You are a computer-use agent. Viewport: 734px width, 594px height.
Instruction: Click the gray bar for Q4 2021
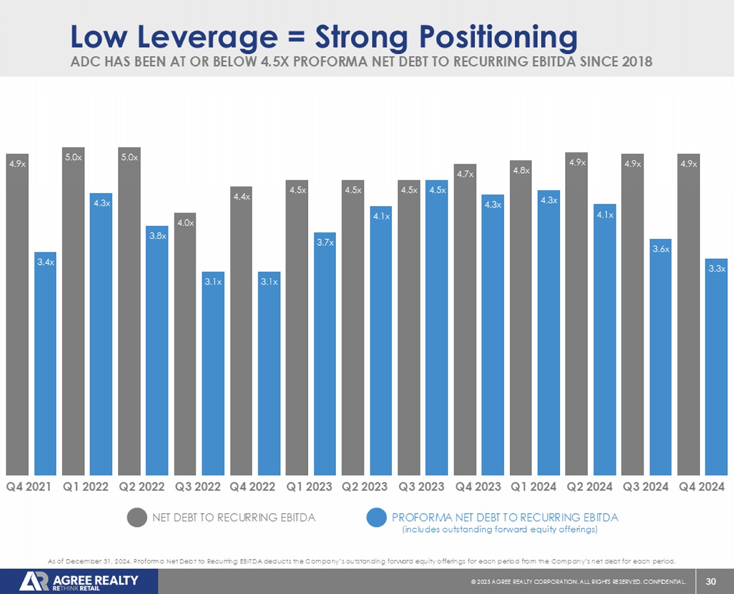(17, 316)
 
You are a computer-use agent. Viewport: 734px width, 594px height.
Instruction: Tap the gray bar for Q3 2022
(185, 344)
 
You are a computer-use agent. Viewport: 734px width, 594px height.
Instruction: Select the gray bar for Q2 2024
(576, 314)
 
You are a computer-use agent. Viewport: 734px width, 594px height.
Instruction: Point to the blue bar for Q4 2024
(716, 367)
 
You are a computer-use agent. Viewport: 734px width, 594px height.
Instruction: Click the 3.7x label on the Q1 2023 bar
(325, 242)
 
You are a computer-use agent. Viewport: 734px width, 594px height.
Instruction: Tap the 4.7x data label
(465, 174)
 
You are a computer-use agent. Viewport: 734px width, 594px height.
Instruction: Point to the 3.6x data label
(661, 249)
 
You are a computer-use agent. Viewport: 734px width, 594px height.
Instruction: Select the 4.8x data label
(521, 170)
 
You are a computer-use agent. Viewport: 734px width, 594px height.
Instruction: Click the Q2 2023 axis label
(364, 487)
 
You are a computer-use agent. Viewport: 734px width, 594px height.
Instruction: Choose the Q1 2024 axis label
(533, 487)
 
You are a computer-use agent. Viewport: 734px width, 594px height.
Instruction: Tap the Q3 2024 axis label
(645, 487)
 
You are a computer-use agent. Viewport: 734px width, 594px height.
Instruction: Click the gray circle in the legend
(137, 517)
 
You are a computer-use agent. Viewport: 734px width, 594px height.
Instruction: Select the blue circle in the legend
(376, 517)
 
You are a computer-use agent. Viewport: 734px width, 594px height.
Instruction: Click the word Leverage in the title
(207, 37)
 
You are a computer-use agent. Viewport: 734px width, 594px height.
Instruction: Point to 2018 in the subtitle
(637, 62)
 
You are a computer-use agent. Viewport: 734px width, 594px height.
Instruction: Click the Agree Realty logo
(79, 582)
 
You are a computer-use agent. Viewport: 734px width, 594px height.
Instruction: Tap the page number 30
(711, 582)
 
